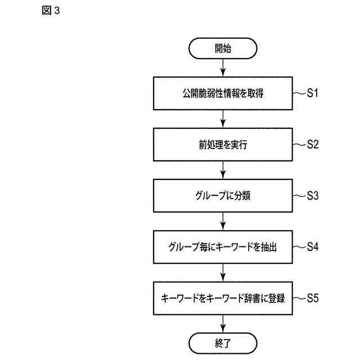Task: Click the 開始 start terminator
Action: [223, 49]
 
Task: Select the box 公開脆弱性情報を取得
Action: [223, 93]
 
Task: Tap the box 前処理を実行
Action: [223, 145]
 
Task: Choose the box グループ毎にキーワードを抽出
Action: [223, 247]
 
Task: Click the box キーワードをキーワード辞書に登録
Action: [223, 298]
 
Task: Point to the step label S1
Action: [313, 93]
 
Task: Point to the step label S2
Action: [313, 144]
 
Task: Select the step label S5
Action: [313, 298]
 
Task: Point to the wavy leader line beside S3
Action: [300, 196]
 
